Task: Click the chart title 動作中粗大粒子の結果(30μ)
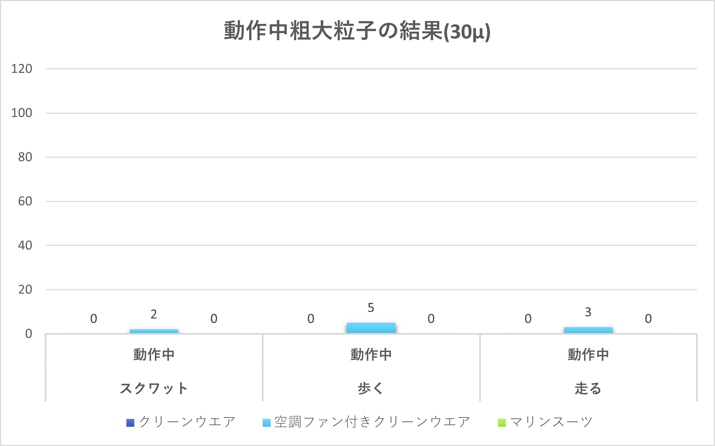357,31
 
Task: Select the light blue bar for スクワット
154,331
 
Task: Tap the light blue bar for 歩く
371,328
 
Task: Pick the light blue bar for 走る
588,330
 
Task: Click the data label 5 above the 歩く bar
371,308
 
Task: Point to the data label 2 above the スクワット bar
154,315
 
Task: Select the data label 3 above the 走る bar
588,312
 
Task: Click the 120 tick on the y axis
22,69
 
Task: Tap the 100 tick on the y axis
22,113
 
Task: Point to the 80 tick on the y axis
25,157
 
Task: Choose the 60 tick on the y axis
25,201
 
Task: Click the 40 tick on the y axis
25,245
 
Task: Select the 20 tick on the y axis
25,290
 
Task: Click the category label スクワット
154,389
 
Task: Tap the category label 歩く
371,389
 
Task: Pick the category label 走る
588,389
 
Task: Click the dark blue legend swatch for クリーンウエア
130,423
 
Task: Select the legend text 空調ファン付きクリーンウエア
372,422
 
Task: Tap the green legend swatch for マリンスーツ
502,423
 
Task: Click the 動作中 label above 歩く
371,355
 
